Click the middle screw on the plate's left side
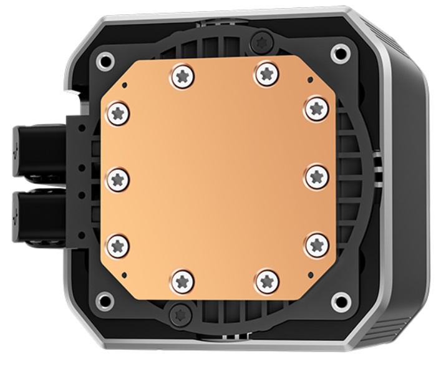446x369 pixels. click(x=117, y=179)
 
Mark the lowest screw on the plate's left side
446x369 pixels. click(x=118, y=243)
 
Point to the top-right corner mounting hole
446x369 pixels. click(x=340, y=52)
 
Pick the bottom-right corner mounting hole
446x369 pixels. click(x=340, y=303)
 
